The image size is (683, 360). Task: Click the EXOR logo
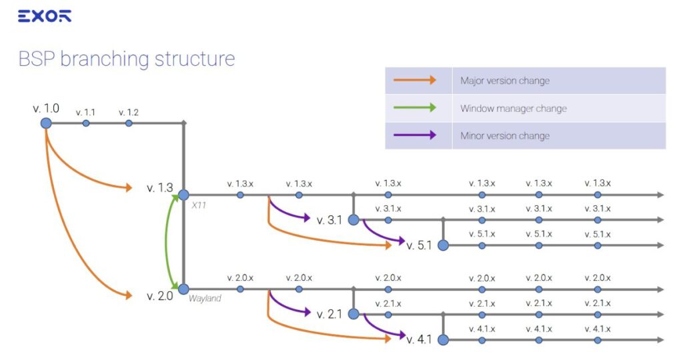coord(44,17)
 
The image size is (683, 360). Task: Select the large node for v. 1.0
coord(46,123)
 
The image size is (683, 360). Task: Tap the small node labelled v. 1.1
coord(86,123)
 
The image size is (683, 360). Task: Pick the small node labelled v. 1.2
coord(129,123)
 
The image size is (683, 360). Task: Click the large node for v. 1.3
coord(183,195)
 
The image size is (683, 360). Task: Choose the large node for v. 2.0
coord(183,289)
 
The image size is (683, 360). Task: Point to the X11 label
coord(199,205)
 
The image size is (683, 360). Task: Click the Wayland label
coord(205,299)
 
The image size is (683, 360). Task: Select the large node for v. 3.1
coord(354,219)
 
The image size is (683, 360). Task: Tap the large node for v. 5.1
coord(443,245)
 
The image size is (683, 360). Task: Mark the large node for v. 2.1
coord(354,314)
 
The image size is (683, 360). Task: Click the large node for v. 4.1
coord(443,339)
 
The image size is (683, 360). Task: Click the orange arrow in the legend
coord(414,81)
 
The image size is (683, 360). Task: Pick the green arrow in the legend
coord(414,108)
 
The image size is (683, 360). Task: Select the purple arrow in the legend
coord(414,135)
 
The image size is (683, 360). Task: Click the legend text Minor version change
coord(504,135)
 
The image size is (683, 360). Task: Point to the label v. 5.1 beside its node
coord(420,245)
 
